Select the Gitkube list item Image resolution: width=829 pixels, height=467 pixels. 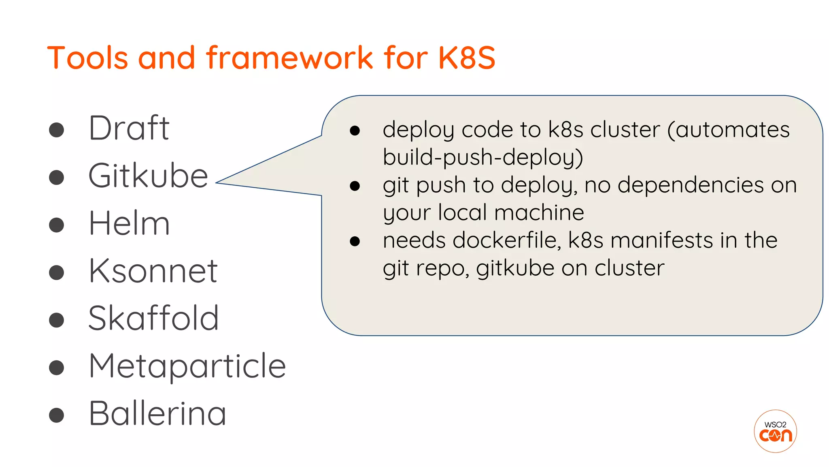pos(148,176)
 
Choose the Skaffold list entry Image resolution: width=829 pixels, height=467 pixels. pos(153,318)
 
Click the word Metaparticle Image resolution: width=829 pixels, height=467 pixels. pos(187,366)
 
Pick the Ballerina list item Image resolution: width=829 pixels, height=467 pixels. pos(157,413)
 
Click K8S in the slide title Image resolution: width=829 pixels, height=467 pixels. pos(467,58)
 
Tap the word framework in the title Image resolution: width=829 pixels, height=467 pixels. pos(290,58)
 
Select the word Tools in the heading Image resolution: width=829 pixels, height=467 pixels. pos(88,58)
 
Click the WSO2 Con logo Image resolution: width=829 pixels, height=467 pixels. pos(775,431)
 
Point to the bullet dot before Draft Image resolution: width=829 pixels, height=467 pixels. pos(57,130)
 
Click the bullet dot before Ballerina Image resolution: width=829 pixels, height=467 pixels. pos(57,415)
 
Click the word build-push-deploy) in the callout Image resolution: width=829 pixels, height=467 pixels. pos(483,158)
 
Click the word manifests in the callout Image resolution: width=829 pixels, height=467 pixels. pos(661,240)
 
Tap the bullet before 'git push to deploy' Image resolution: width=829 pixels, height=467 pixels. pos(355,186)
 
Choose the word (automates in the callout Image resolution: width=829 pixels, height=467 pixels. pos(728,130)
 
